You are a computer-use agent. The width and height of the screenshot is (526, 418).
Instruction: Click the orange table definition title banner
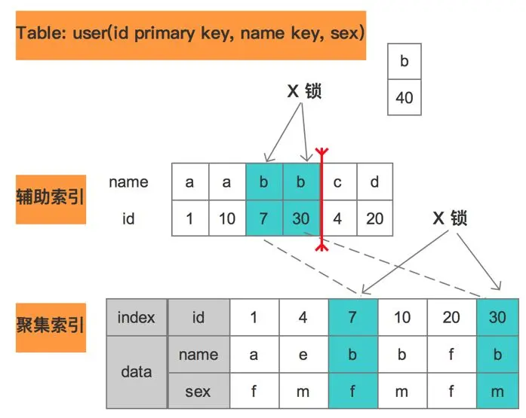(x=190, y=35)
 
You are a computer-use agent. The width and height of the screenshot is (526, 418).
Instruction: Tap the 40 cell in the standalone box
(x=404, y=97)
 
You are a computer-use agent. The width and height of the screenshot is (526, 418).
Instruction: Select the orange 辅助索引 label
(x=51, y=199)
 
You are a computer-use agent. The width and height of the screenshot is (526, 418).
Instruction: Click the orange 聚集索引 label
(x=51, y=328)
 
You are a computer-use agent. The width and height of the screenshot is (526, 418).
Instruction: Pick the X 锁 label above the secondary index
(x=304, y=90)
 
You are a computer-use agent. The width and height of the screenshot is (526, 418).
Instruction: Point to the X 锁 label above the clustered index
(x=450, y=218)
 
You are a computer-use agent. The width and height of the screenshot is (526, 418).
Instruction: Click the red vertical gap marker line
(x=321, y=199)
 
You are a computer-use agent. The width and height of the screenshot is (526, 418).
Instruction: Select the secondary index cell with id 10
(x=227, y=218)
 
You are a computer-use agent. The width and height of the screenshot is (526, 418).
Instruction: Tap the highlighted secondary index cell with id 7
(x=264, y=218)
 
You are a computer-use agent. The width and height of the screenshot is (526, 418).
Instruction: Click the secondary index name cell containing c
(x=337, y=182)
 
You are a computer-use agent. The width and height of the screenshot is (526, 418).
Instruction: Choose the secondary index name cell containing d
(x=375, y=182)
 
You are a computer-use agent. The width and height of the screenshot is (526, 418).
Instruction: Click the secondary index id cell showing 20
(x=375, y=218)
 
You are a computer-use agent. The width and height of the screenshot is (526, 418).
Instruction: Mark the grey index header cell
(x=137, y=317)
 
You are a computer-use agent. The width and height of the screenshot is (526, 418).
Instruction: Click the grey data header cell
(x=137, y=372)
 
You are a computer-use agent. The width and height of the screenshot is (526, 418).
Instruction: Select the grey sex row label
(x=198, y=391)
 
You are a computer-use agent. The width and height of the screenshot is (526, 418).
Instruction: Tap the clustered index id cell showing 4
(x=303, y=317)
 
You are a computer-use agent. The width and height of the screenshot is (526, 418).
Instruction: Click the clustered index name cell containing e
(x=303, y=355)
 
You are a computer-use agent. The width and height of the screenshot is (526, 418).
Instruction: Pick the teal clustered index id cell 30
(x=497, y=317)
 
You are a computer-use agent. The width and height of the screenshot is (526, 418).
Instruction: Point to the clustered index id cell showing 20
(x=451, y=317)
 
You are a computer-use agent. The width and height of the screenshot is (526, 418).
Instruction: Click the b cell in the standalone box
(x=404, y=61)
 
